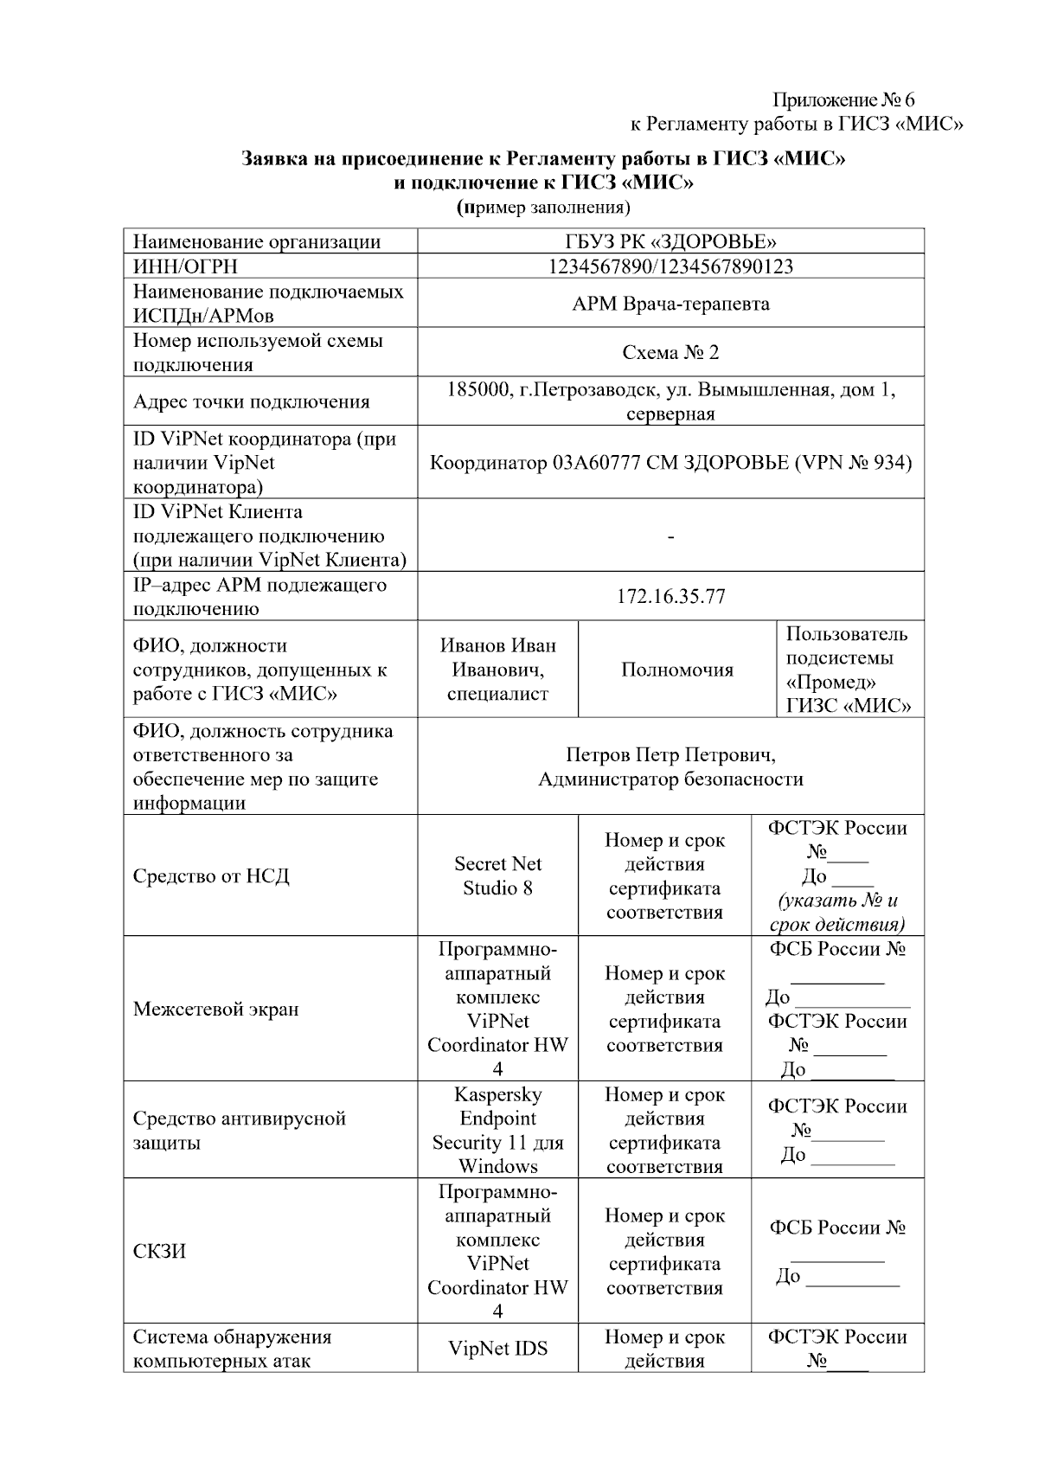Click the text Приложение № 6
point(843,100)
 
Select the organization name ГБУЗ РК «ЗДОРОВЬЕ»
point(670,241)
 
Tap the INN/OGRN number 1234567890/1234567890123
point(670,266)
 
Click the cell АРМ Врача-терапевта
point(670,304)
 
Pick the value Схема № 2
point(670,353)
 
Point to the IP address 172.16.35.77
point(670,597)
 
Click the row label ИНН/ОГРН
point(185,266)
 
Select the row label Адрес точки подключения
point(251,402)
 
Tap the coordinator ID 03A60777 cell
point(670,463)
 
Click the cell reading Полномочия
point(676,670)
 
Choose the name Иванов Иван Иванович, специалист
point(497,670)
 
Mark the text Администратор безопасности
point(670,779)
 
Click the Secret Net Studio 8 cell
point(497,875)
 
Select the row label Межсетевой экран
point(215,1009)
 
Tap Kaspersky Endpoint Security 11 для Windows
point(497,1130)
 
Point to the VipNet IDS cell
point(497,1348)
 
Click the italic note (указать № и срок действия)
point(836,912)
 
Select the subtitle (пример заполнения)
point(543,208)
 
